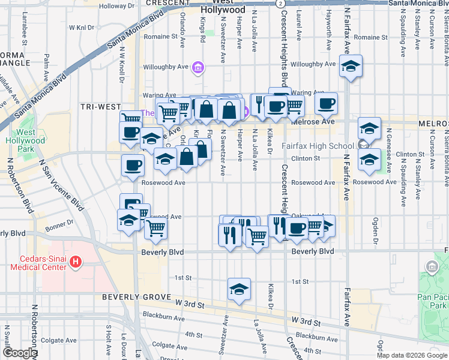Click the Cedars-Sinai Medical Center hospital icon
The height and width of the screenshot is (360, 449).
tap(76, 262)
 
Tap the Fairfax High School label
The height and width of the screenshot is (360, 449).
tap(318, 146)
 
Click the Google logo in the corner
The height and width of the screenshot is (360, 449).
tap(20, 353)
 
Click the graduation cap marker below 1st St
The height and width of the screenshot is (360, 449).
tap(238, 289)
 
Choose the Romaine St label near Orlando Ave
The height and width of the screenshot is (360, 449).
tap(161, 37)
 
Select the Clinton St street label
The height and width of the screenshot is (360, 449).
tap(306, 159)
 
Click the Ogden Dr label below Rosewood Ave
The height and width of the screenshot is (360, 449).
tap(375, 227)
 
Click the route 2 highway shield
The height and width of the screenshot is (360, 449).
tap(280, 4)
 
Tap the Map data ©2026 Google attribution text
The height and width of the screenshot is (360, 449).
tap(411, 355)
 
